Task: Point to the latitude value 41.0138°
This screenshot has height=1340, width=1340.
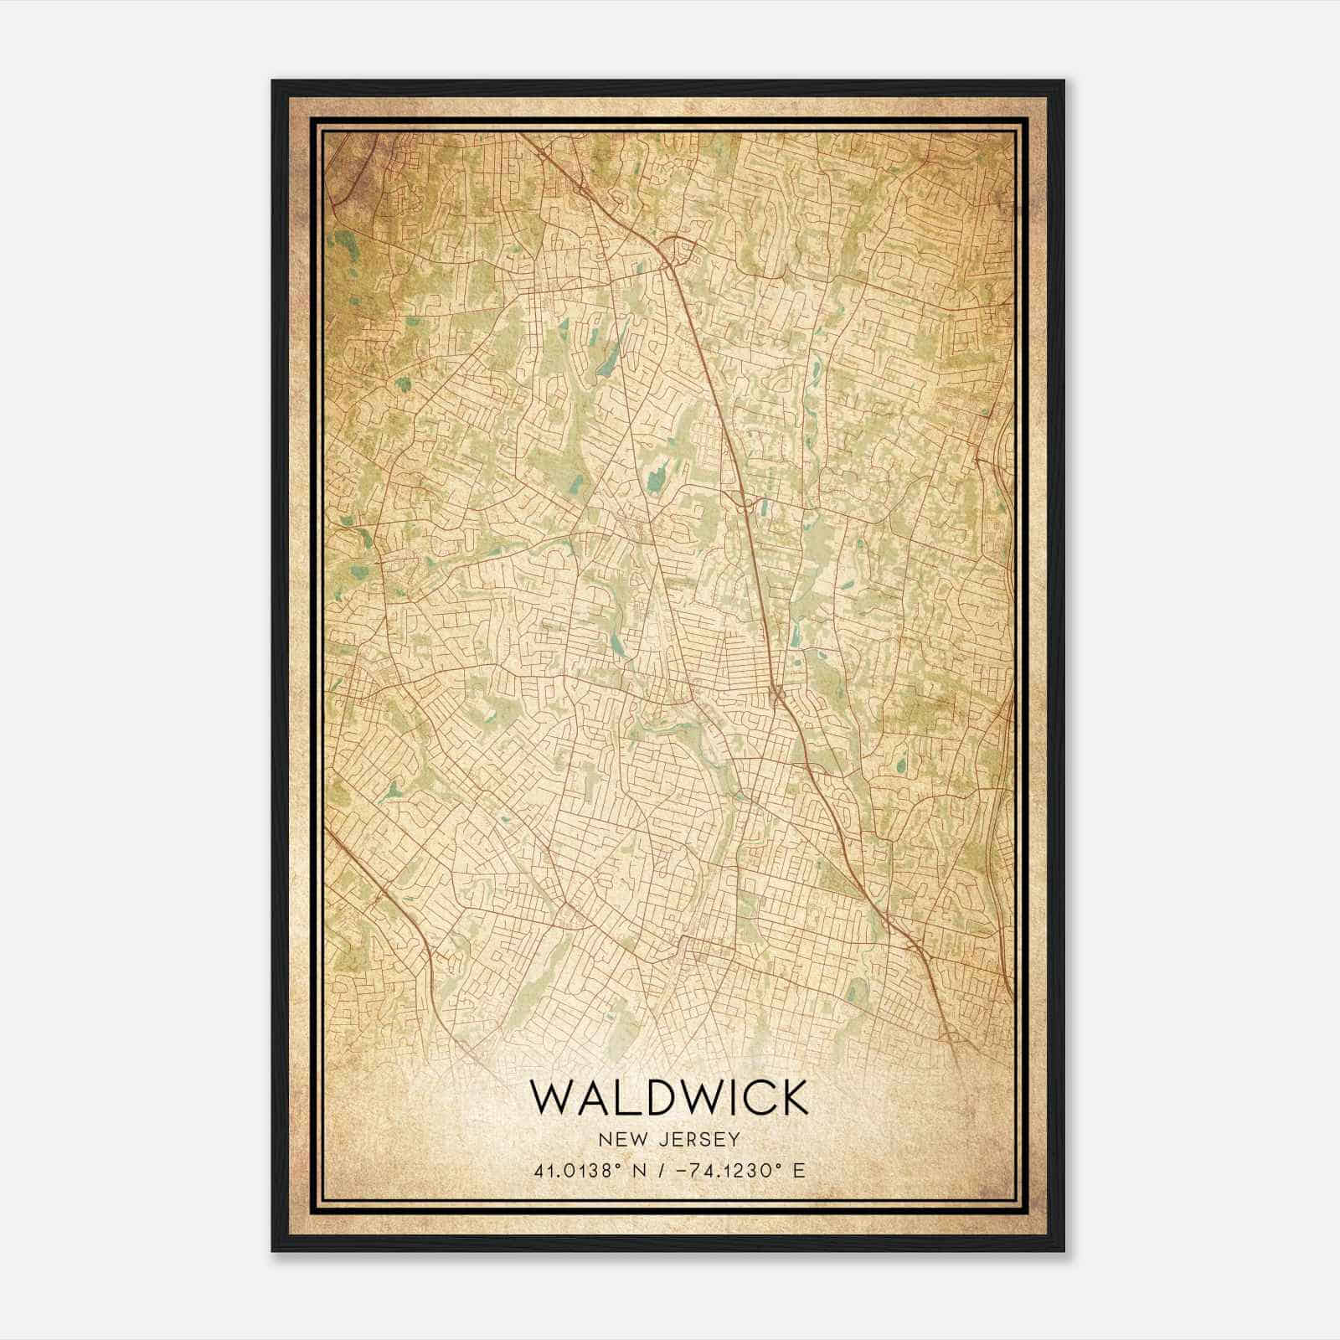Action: coord(577,1170)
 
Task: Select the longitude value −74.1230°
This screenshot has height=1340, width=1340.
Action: coord(725,1170)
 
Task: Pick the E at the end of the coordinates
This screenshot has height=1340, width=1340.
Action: coord(799,1170)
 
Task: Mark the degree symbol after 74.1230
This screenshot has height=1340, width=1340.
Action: coord(781,1165)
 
